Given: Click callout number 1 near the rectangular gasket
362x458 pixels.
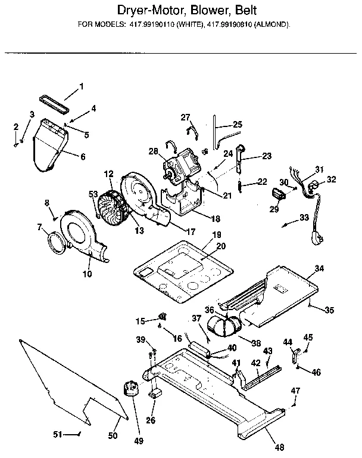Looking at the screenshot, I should point(82,87).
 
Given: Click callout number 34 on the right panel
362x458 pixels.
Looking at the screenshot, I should point(319,269).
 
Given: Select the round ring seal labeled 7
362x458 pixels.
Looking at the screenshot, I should point(57,242).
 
